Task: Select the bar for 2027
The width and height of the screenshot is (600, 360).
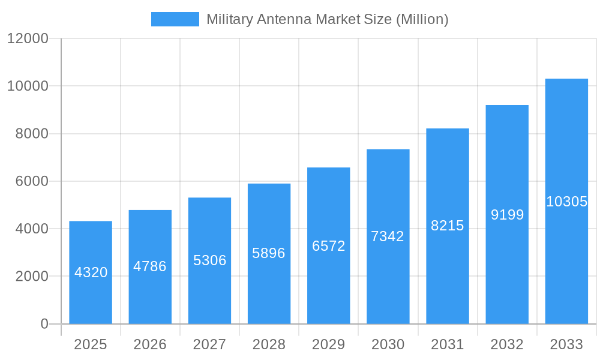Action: [209, 288]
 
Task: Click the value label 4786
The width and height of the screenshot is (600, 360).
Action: [150, 266]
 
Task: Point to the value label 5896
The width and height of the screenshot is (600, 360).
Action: [269, 253]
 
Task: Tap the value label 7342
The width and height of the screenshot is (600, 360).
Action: [388, 236]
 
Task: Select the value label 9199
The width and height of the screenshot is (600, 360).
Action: [507, 215]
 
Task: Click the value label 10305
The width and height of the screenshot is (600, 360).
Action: [566, 202]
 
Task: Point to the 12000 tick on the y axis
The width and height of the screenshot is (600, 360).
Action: [28, 38]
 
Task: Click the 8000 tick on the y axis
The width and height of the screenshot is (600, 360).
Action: [31, 134]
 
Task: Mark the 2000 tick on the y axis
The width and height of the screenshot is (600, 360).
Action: [31, 277]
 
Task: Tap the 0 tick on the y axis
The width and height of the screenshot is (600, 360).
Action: [44, 324]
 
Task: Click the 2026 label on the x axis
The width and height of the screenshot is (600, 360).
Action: [150, 344]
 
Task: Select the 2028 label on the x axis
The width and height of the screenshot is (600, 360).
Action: [269, 344]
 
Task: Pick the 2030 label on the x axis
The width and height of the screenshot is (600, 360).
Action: [388, 344]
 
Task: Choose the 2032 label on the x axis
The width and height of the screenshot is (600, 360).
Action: [507, 344]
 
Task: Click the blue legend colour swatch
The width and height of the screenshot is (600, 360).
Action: [175, 19]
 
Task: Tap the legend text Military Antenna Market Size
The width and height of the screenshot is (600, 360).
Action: [327, 19]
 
